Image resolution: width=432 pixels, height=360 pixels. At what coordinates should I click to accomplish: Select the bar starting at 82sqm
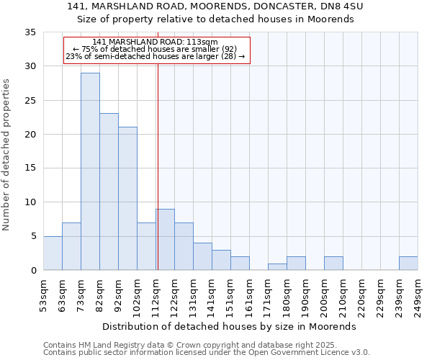pyautogui.click(x=109, y=192)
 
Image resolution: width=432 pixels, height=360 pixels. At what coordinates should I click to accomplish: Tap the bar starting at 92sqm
pyautogui.click(x=127, y=199)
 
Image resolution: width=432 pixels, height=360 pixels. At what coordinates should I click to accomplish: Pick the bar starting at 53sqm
pyautogui.click(x=53, y=253)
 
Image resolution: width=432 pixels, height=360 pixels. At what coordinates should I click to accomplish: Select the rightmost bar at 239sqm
pyautogui.click(x=408, y=263)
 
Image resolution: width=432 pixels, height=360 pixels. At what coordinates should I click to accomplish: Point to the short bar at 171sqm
pyautogui.click(x=277, y=266)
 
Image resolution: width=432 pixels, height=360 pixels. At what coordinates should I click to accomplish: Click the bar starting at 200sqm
pyautogui.click(x=333, y=263)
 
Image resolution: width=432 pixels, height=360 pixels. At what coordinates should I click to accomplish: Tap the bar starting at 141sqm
pyautogui.click(x=221, y=260)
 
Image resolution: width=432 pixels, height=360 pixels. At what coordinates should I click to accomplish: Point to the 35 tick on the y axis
pyautogui.click(x=31, y=32)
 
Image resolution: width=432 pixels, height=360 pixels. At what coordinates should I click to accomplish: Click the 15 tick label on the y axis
pyautogui.click(x=31, y=168)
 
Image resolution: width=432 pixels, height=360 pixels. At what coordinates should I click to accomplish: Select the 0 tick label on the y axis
pyautogui.click(x=33, y=270)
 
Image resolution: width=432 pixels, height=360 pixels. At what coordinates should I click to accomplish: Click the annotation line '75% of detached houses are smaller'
pyautogui.click(x=155, y=49)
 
